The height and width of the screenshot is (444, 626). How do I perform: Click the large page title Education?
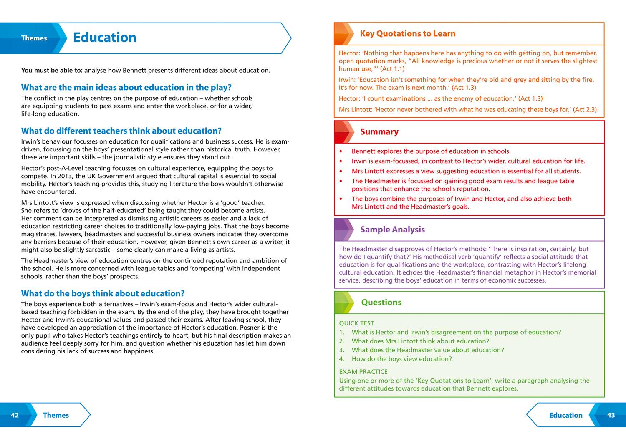[x=104, y=38]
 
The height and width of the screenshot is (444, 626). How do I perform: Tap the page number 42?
[x=15, y=415]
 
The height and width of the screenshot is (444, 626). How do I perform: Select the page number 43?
[x=611, y=415]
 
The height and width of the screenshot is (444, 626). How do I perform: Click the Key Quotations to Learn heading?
[x=407, y=34]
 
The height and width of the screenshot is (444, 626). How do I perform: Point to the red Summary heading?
[x=379, y=132]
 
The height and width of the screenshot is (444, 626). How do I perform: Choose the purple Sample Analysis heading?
[x=392, y=230]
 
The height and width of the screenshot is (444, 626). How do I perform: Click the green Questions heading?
[x=381, y=303]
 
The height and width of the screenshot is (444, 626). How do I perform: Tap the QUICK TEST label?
[x=356, y=323]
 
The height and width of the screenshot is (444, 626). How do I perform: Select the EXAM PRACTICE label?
[x=363, y=372]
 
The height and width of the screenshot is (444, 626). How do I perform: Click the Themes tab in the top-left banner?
[x=34, y=38]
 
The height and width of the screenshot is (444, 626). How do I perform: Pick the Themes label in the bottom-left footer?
[x=56, y=415]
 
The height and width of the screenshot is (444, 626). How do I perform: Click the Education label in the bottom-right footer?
[x=565, y=415]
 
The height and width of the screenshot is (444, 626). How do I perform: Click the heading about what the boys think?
[x=103, y=293]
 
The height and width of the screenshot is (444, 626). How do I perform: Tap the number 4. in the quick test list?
[x=342, y=359]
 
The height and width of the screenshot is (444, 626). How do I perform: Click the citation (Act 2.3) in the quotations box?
[x=585, y=110]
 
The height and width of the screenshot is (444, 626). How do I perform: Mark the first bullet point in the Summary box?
[x=341, y=151]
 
